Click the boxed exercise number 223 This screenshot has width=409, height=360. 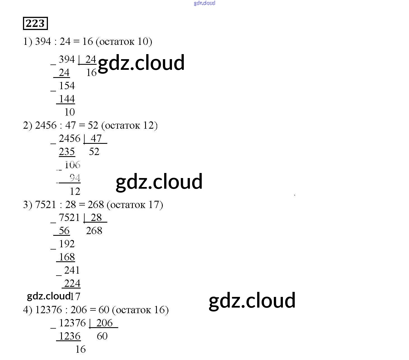pyautogui.click(x=35, y=23)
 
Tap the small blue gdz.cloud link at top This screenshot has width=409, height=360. pyautogui.click(x=204, y=3)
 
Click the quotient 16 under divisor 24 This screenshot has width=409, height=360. pyautogui.click(x=91, y=73)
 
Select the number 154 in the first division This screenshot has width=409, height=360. pyautogui.click(x=67, y=86)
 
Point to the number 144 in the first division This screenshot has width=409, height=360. pyautogui.click(x=67, y=99)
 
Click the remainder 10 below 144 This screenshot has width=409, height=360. pyautogui.click(x=69, y=112)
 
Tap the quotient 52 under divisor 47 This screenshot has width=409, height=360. pyautogui.click(x=94, y=152)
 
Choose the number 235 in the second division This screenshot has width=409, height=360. pyautogui.click(x=67, y=152)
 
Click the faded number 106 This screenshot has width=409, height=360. pyautogui.click(x=72, y=165)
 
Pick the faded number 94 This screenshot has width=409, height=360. pyautogui.click(x=75, y=178)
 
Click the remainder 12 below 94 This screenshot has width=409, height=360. pyautogui.click(x=75, y=191)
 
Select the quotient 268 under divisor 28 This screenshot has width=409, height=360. pyautogui.click(x=94, y=231)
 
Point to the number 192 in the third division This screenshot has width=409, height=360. pyautogui.click(x=67, y=244)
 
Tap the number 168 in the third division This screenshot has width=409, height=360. pyautogui.click(x=67, y=257)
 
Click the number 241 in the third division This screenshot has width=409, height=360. pyautogui.click(x=72, y=270)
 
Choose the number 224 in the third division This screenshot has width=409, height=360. pyautogui.click(x=72, y=283)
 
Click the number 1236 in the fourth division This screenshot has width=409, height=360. pyautogui.click(x=70, y=336)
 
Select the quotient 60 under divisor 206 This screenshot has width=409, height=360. pyautogui.click(x=102, y=336)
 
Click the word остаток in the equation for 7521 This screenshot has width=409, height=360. pyautogui.click(x=128, y=205)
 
